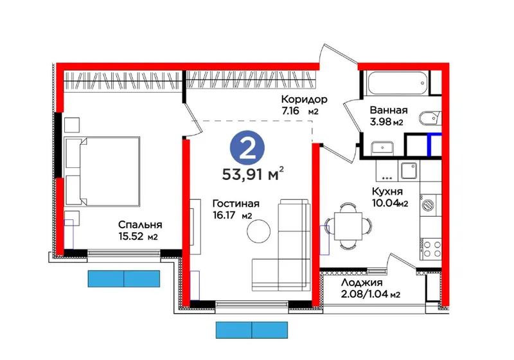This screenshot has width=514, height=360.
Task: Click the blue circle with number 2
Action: [x=247, y=149]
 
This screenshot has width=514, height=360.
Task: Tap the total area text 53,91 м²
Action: [x=253, y=174]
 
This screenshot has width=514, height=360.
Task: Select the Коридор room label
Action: [x=304, y=100]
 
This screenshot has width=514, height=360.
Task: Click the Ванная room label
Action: [x=389, y=110]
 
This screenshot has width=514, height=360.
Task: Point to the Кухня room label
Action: [x=387, y=192]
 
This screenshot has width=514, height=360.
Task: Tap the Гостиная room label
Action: [x=236, y=204]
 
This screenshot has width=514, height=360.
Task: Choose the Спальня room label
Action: [x=140, y=225]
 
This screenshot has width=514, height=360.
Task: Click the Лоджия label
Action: [x=362, y=283]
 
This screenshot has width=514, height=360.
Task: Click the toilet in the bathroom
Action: [x=430, y=119]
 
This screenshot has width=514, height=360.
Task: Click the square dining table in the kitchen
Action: [x=348, y=226]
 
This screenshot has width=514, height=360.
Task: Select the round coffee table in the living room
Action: [x=259, y=231]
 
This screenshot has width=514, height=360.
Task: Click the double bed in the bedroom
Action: [x=102, y=172]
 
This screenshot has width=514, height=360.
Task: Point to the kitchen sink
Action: [x=409, y=171]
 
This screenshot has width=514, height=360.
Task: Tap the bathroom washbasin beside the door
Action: [x=382, y=148]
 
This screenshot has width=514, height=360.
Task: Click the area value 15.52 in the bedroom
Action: [x=131, y=236]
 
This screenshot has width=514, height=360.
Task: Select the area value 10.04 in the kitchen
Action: [x=385, y=203]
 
